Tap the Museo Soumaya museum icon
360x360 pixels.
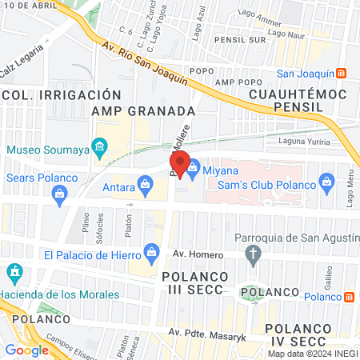100,147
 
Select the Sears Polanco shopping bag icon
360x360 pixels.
58,193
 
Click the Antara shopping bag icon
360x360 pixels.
145,187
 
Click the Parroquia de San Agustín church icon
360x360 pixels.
254,255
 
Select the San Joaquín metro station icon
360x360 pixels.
342,74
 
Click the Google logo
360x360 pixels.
26,350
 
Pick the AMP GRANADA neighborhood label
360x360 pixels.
143,110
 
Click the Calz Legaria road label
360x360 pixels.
17,67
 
